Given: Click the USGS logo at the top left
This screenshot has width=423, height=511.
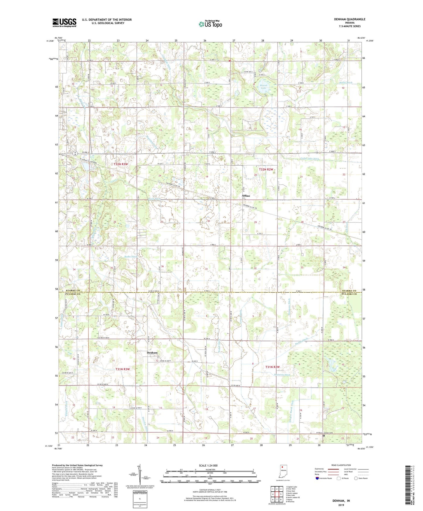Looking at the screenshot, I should [x=64, y=22].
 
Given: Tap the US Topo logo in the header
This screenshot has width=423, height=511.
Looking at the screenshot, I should [x=210, y=24].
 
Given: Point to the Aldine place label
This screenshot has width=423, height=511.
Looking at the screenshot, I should [x=246, y=196].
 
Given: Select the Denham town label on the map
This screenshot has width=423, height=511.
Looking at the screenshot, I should [x=152, y=353].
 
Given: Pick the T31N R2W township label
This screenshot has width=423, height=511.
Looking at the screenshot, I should [x=273, y=367].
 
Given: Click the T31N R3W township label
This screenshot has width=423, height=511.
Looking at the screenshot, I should [x=122, y=369].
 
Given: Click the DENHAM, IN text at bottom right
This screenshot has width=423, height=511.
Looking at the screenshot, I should [x=341, y=501].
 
